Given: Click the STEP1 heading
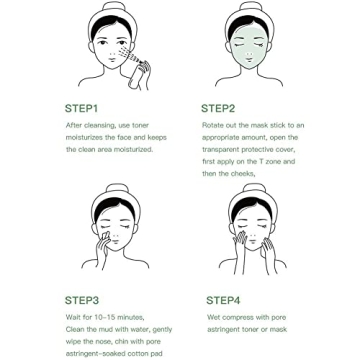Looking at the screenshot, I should (82, 108).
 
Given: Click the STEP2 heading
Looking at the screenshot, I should (218, 108).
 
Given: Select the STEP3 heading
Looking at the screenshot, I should (82, 299).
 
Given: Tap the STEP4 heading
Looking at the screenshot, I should (222, 299).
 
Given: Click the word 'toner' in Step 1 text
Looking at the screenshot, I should (139, 126).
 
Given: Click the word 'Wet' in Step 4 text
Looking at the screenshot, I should (214, 317).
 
